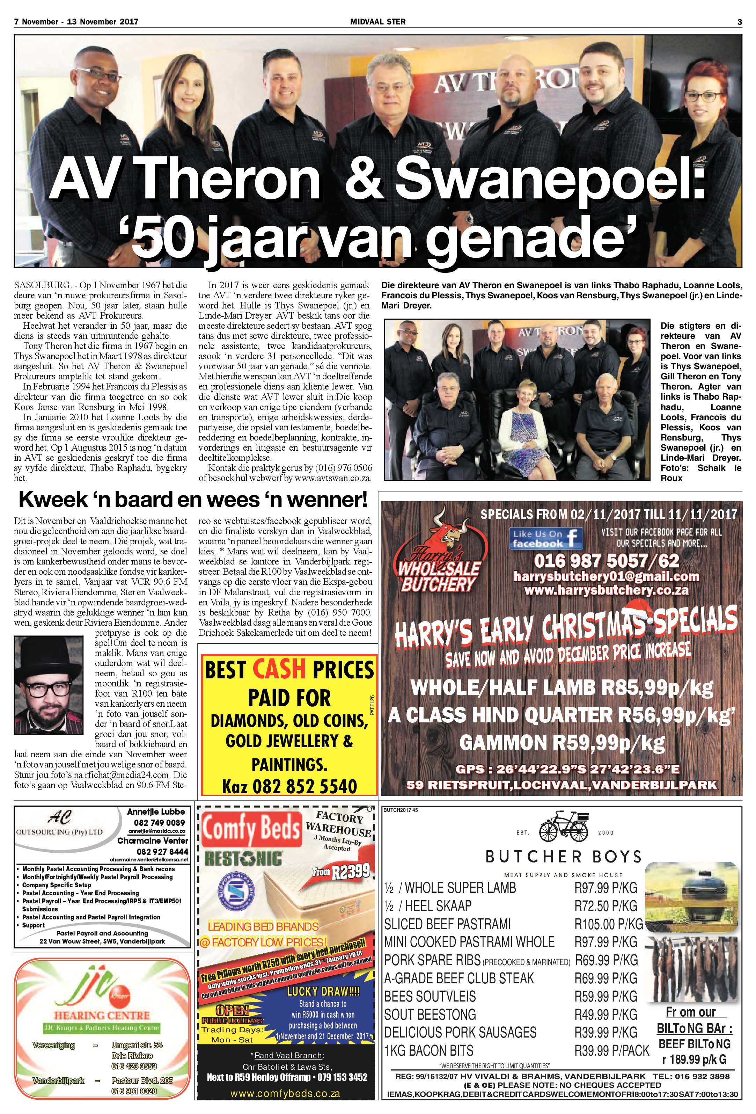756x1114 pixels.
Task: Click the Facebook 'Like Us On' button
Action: pyautogui.click(x=546, y=539)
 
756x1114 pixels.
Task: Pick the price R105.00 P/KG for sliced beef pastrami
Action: pyautogui.click(x=608, y=924)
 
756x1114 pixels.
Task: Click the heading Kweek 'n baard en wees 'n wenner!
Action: pyautogui.click(x=193, y=501)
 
